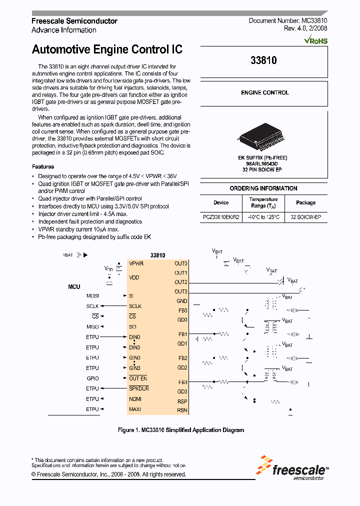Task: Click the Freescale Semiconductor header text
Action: point(74,21)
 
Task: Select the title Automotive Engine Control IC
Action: point(107,49)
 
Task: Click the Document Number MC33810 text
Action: point(288,21)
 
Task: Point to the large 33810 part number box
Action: point(263,60)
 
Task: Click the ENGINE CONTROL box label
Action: point(264,92)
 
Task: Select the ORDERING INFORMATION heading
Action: point(263,188)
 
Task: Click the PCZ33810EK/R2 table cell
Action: point(221,217)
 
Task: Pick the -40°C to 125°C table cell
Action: point(263,217)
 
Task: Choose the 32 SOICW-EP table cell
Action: point(305,217)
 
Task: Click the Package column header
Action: point(305,202)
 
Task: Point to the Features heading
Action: point(43,166)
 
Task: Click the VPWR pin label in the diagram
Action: point(136,263)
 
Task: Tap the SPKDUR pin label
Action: point(139,388)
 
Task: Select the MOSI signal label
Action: point(92,295)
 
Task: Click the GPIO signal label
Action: point(92,378)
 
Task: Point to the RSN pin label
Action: point(182,410)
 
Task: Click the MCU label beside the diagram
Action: point(74,287)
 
